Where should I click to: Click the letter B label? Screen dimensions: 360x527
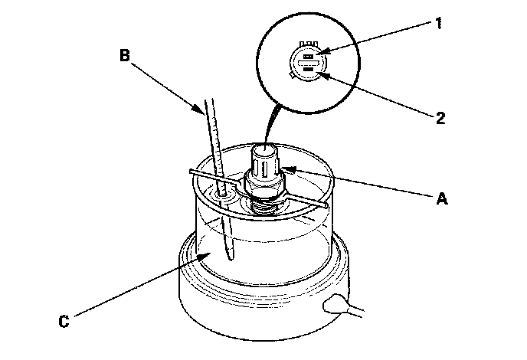coord(125,54)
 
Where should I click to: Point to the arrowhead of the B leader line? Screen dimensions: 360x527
coord(205,114)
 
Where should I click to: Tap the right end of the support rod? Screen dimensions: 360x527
coord(329,205)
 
